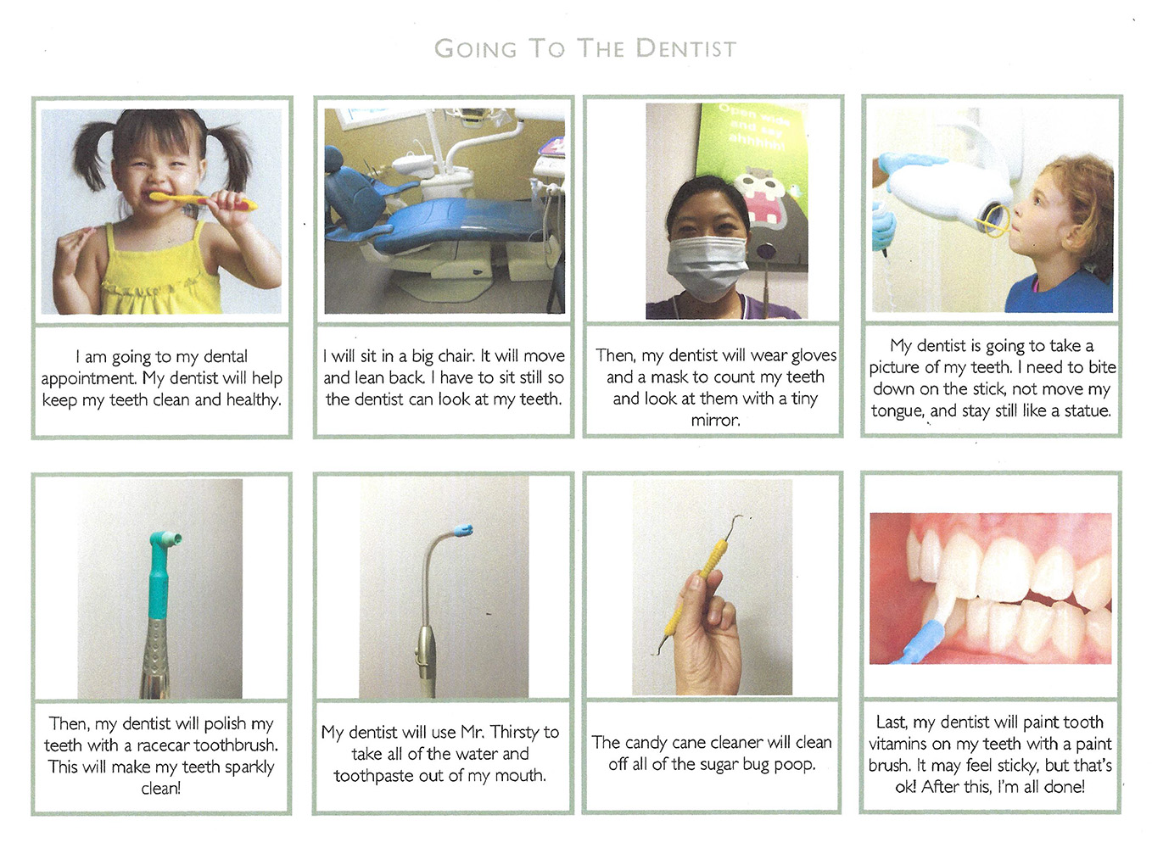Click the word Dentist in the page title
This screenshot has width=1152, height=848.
tap(686, 49)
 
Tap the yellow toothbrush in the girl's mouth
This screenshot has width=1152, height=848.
tap(203, 200)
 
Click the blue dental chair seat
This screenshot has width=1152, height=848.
tap(453, 222)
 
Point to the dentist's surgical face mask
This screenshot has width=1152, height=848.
tap(707, 267)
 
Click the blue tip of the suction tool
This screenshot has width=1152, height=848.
tap(462, 530)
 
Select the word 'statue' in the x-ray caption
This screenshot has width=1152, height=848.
tap(1086, 411)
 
